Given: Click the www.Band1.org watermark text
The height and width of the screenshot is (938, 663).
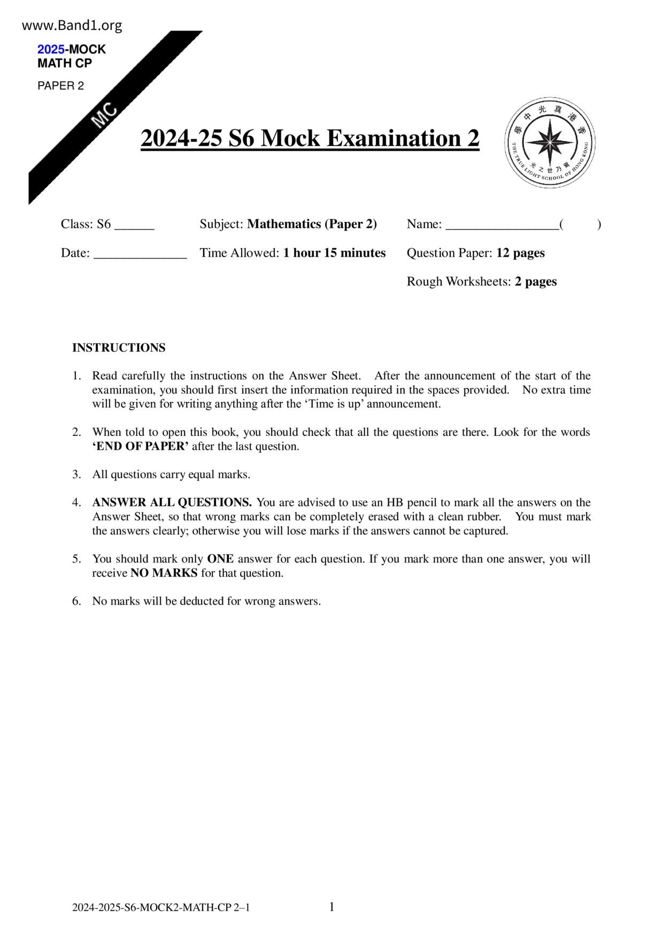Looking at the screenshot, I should pos(72,25).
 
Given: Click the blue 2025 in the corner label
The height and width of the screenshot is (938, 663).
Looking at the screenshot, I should pos(51,49).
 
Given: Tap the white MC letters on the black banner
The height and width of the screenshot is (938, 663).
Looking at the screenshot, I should pos(104,115).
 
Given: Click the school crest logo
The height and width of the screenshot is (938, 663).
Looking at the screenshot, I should pos(549,143).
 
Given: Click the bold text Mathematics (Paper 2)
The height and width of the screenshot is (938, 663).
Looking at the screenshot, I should pos(312,224).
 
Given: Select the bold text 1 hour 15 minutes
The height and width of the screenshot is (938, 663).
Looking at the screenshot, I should pos(334,253).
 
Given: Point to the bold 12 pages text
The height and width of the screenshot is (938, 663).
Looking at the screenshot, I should pos(520,253).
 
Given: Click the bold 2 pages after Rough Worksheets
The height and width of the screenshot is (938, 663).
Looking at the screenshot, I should pos(536,282).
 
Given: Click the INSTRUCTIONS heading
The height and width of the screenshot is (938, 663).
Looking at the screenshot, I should pos(119,348).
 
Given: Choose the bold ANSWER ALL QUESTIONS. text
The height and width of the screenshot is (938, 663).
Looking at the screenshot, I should pos(172,503).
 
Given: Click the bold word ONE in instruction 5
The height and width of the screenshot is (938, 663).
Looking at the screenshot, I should pos(220,559).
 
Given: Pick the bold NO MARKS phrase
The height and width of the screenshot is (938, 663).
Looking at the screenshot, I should pos(164,573).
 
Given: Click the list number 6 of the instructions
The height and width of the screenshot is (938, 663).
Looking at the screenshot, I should pos(76,601).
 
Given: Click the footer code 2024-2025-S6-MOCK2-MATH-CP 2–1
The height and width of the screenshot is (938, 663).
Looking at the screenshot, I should pos(161,908).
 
